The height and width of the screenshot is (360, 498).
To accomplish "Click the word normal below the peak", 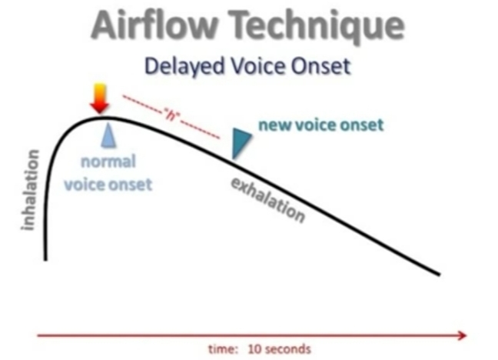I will (x=109, y=162).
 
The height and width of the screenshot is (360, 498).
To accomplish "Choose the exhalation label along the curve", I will (x=268, y=198).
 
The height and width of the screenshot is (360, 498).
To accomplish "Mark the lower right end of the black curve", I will (x=439, y=272).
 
